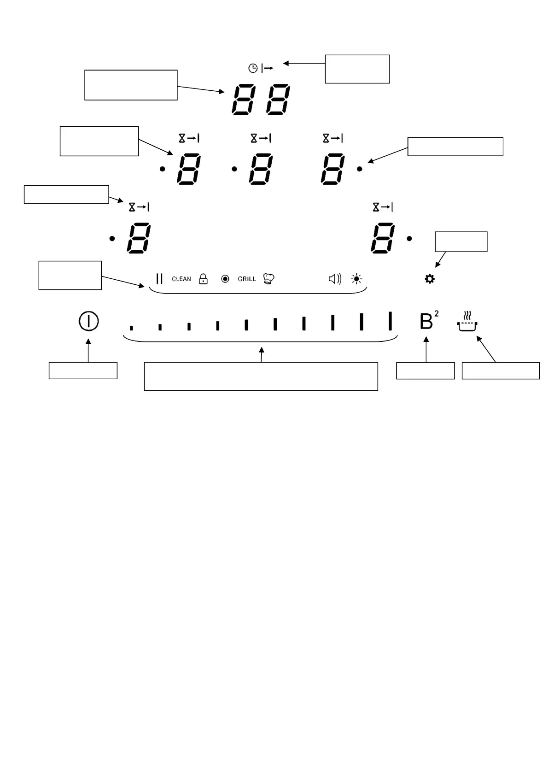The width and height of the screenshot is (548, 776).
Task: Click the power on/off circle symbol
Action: tap(89, 321)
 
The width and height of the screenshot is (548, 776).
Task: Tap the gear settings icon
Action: tap(430, 279)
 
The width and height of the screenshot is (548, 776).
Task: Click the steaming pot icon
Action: tap(467, 322)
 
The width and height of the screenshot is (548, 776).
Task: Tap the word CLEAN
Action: tap(181, 279)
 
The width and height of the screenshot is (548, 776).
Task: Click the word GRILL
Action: tap(247, 279)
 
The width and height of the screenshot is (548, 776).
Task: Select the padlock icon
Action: tap(203, 279)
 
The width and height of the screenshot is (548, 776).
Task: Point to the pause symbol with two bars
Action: tap(159, 279)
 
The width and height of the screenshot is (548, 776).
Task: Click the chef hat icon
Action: tap(268, 279)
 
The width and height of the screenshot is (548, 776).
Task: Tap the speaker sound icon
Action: tap(335, 279)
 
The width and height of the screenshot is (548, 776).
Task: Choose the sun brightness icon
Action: tap(356, 279)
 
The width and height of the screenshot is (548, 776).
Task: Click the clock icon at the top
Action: tap(253, 68)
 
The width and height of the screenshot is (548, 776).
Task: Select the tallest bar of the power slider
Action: tap(390, 321)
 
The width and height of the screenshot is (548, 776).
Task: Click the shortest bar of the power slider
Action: tap(131, 328)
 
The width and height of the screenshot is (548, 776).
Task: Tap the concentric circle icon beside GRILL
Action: tap(225, 279)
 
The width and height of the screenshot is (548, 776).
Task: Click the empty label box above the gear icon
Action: tap(461, 242)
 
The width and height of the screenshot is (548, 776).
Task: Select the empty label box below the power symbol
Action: tap(83, 370)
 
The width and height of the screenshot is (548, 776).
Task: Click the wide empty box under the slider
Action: tap(261, 376)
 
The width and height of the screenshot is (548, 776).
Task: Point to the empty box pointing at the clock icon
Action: tap(357, 69)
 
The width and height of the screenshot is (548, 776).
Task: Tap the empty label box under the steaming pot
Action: tap(501, 371)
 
